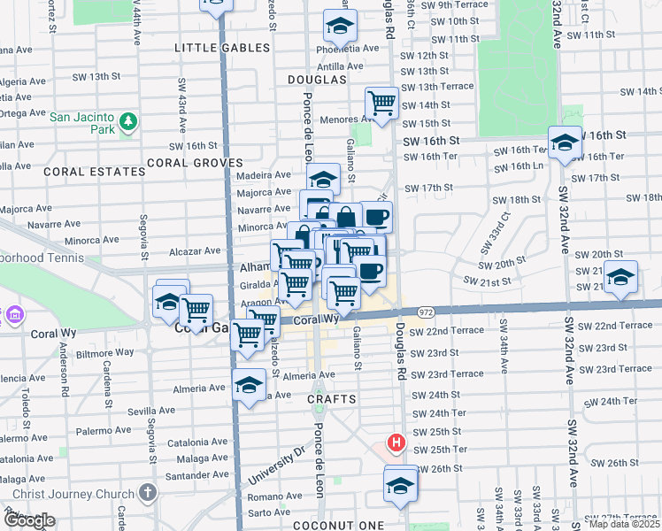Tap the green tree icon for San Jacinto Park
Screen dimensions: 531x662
click(x=128, y=121)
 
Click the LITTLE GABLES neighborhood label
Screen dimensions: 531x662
click(x=217, y=48)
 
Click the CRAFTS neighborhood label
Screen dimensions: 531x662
click(x=332, y=399)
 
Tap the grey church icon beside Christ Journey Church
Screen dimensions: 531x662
click(x=148, y=494)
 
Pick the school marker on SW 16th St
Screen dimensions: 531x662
click(x=564, y=142)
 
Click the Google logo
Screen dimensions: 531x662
click(x=29, y=520)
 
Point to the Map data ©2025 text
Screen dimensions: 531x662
click(x=624, y=524)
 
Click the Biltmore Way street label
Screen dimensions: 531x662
click(x=104, y=352)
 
